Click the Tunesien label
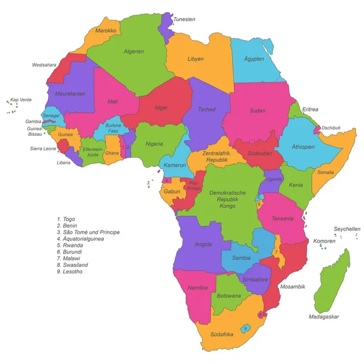pos(184,19)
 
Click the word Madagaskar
pos(323,317)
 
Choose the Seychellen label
pos(347,229)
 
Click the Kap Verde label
pos(21,99)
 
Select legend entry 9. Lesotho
pos(70,272)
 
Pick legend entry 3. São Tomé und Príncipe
pos(88,232)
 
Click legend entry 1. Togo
pos(69,218)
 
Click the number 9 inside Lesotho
pos(246,328)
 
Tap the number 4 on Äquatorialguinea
pos(166,180)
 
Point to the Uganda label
pos(274,180)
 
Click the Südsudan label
pos(259,152)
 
